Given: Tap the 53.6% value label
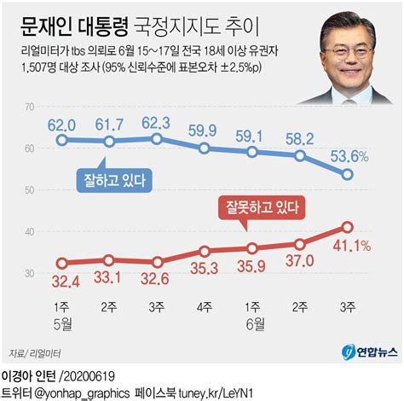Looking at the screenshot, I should pos(349,155).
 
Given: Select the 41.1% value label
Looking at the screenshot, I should pos(349,247).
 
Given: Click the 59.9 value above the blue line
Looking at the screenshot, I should pos(204,131).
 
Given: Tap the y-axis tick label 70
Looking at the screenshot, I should pos(30,107).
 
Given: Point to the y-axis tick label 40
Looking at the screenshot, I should pos(30,232).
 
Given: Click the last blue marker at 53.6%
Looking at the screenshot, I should pos(348,174).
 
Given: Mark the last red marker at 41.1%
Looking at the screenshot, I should pos(348,227).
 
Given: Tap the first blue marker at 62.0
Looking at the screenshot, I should pos(61,139).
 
